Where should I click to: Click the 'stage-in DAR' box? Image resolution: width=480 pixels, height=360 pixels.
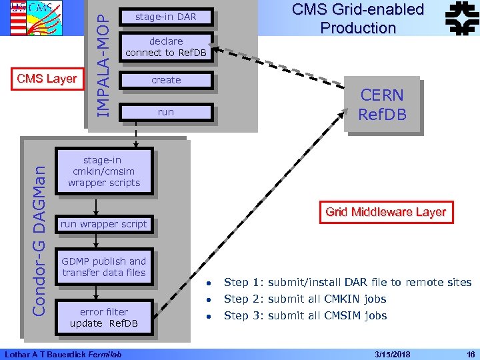point(165,17)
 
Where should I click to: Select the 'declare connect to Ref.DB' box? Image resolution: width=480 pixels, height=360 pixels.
point(165,47)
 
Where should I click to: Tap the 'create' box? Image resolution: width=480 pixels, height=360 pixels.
point(165,80)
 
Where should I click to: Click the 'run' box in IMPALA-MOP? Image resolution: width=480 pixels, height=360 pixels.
point(165,112)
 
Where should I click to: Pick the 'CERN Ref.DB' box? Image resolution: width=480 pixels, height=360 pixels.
point(382,105)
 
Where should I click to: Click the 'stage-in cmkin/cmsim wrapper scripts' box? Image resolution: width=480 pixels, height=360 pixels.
point(104,171)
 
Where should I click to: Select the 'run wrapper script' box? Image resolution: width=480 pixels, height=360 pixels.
point(103,224)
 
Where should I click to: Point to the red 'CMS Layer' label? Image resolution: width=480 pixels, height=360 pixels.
point(47,79)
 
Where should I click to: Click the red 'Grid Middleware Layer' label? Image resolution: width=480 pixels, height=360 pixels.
point(385,212)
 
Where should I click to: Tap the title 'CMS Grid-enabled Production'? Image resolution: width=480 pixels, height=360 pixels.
point(358,19)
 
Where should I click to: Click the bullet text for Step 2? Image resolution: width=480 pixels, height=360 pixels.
point(305,299)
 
